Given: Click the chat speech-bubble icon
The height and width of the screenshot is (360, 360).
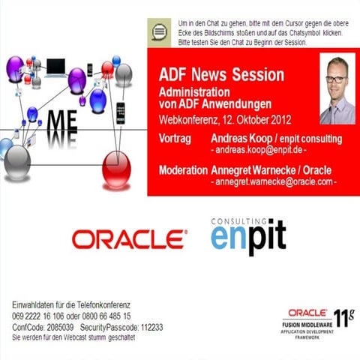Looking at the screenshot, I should [x=157, y=31].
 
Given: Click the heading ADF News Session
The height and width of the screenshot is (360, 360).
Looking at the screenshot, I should [x=222, y=76].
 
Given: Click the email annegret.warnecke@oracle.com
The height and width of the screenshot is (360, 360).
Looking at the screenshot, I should [x=276, y=181].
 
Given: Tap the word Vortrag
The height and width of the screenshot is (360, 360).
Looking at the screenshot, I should [x=177, y=139].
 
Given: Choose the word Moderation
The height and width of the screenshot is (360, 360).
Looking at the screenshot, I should [x=183, y=170].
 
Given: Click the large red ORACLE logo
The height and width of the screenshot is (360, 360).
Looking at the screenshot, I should [x=129, y=238].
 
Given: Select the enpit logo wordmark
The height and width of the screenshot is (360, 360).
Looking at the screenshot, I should [x=248, y=238].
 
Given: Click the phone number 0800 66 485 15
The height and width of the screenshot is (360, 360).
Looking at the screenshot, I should [x=104, y=316].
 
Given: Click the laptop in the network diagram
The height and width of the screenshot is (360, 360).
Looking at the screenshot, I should [x=55, y=67].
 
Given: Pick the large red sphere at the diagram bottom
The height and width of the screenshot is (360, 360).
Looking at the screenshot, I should [x=116, y=166].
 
